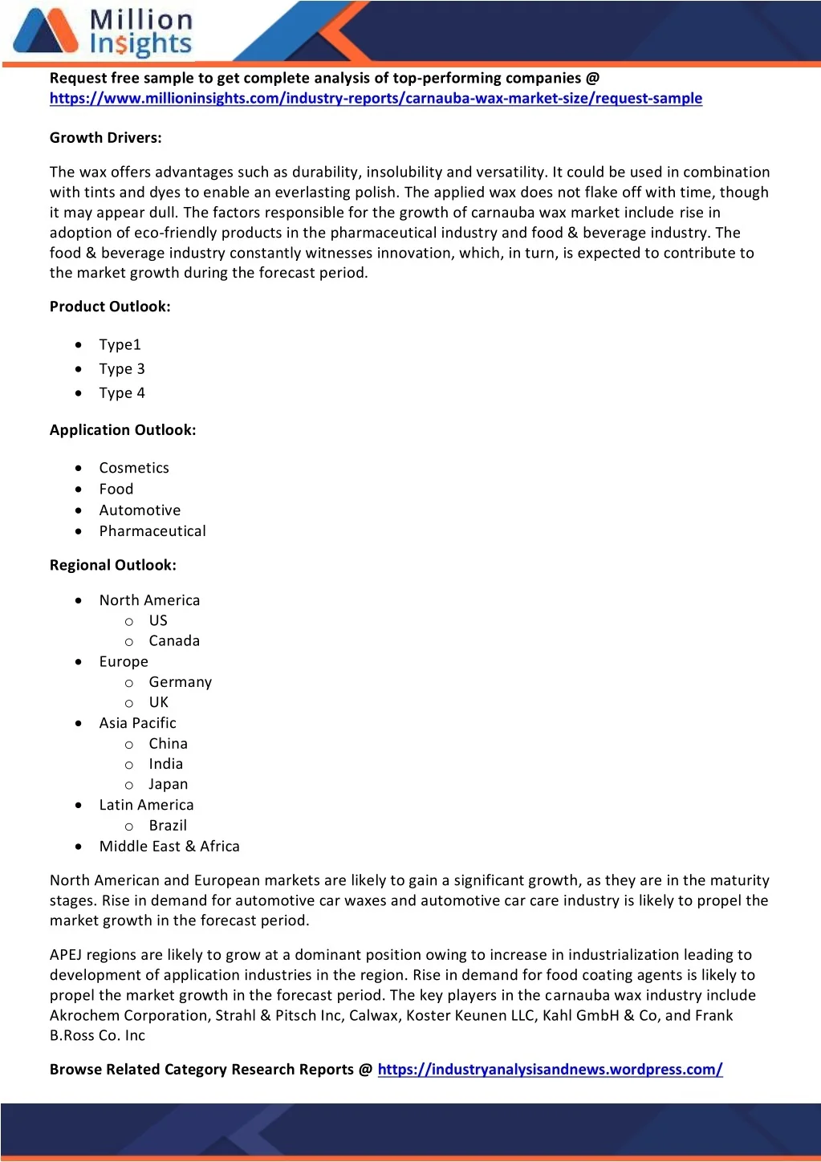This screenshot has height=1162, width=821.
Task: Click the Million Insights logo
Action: (x=103, y=33)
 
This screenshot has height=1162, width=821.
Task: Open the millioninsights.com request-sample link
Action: (x=376, y=98)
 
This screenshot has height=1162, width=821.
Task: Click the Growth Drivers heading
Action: (x=105, y=137)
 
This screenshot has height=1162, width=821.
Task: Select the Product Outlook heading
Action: (x=110, y=307)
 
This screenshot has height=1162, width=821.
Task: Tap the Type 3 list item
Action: (x=122, y=369)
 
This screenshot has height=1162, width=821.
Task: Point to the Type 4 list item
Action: (x=122, y=393)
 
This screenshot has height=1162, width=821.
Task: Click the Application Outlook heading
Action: (x=123, y=430)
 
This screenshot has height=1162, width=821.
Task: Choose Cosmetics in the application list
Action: (x=134, y=468)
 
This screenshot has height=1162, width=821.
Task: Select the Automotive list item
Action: (x=140, y=510)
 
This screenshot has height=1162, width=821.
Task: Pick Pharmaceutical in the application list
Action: (x=152, y=531)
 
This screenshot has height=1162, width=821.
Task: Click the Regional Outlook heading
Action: (x=113, y=565)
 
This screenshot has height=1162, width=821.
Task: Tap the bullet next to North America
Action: (x=79, y=600)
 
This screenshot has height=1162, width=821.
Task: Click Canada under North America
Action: (x=174, y=641)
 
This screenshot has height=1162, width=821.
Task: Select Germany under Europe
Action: (x=181, y=682)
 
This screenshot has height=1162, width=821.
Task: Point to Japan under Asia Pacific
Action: (x=169, y=784)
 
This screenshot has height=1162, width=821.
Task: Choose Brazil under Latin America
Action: (x=168, y=825)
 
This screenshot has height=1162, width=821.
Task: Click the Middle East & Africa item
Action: (x=169, y=847)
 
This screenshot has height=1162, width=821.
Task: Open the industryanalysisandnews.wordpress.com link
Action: (x=550, y=1069)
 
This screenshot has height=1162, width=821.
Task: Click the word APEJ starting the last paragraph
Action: (x=66, y=955)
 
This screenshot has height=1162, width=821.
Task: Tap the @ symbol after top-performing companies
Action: (x=592, y=78)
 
